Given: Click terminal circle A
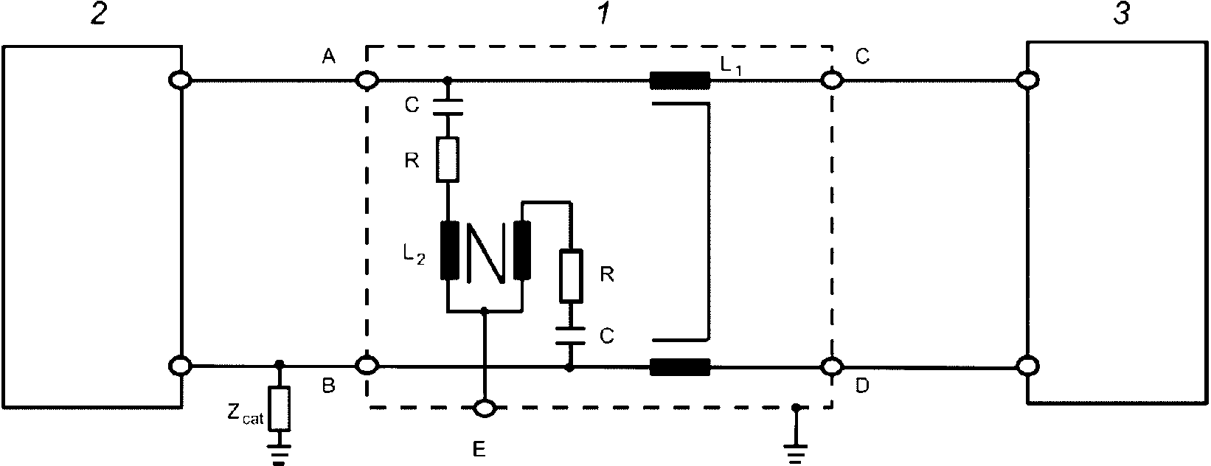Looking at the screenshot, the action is pos(367,81).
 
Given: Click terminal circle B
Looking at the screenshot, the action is pos(367,366).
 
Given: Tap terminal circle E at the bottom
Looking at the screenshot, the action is pos(485,408).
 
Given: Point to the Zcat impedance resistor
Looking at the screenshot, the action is pos(279,408).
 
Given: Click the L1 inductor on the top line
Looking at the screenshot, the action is pos(679,80).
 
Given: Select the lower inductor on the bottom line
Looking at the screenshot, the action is pos(679,367).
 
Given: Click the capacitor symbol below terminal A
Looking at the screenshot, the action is pos(448,107).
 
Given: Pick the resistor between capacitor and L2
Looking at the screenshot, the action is pos(448,159).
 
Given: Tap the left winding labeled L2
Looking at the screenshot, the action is pos(449,250).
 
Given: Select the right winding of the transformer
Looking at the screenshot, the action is pos(522,250).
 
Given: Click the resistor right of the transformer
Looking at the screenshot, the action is pos(571,276).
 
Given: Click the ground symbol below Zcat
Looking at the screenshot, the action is pos(279,453).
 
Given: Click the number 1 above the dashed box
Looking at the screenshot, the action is pos(603,14).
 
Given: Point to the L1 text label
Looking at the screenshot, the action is pos(730,67).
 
